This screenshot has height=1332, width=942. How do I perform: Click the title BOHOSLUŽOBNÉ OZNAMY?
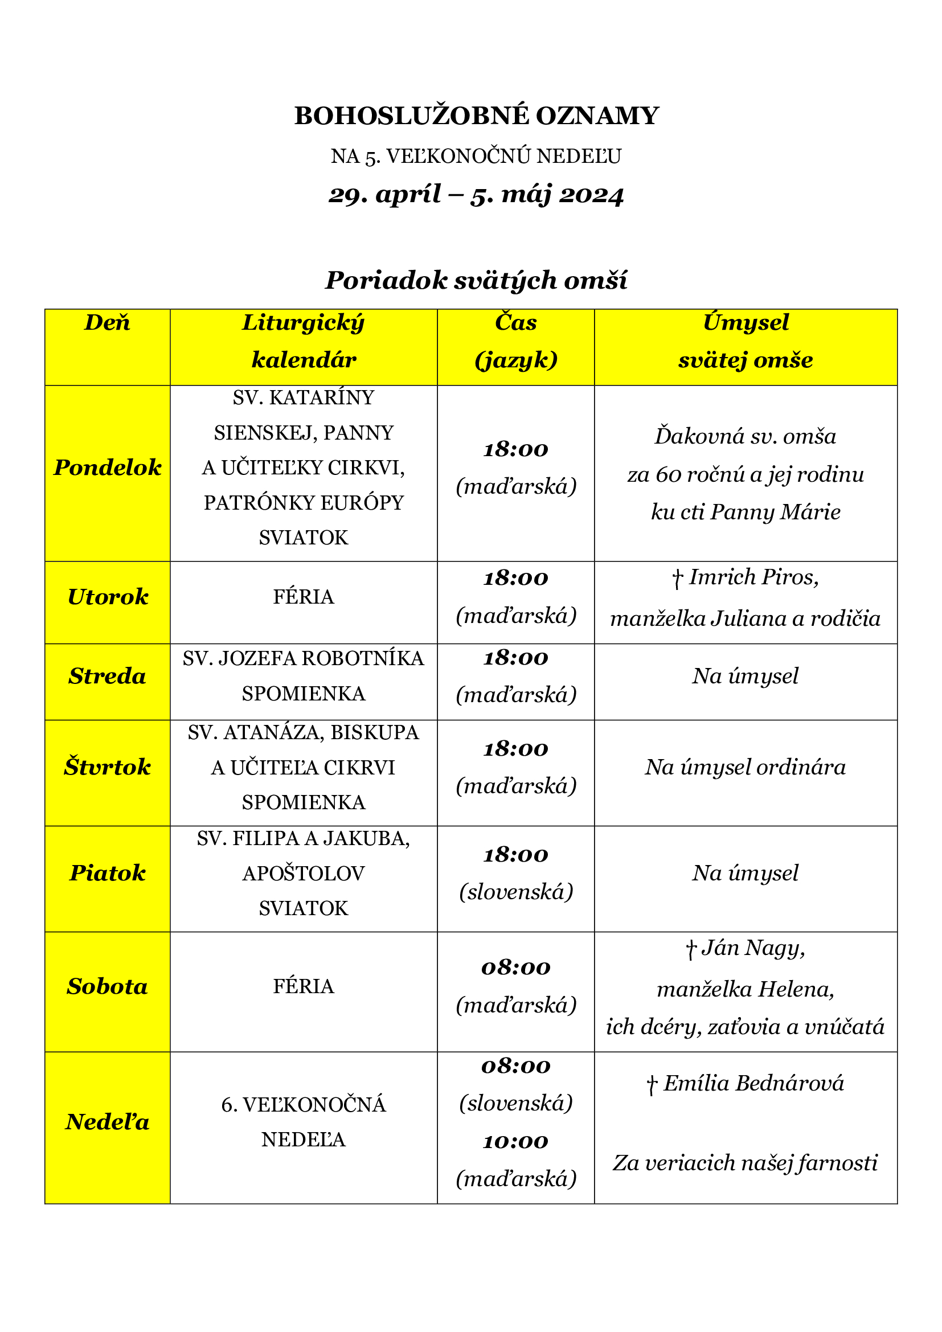click(476, 116)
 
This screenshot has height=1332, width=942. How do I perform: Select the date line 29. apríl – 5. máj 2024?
click(476, 195)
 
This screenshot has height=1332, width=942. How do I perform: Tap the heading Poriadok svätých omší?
click(476, 280)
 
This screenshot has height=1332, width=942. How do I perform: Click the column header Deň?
click(107, 322)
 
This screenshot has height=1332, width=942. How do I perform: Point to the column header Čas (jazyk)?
click(515, 341)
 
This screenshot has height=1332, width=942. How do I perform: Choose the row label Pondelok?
click(107, 468)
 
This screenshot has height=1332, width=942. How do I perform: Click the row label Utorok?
click(107, 597)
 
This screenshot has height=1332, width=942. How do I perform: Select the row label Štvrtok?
click(107, 768)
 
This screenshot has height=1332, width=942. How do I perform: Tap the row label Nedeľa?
click(107, 1122)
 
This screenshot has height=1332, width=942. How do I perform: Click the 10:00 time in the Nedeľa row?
click(515, 1142)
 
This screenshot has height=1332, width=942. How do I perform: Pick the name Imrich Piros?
click(753, 577)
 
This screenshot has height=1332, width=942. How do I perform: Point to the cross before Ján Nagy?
click(690, 950)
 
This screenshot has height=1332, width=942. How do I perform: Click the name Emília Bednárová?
click(753, 1083)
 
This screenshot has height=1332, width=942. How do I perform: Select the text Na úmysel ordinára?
click(746, 768)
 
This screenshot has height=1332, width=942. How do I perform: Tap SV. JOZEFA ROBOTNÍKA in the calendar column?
click(304, 658)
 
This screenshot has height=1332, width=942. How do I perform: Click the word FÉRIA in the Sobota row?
click(304, 986)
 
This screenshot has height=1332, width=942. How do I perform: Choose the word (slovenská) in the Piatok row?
click(515, 892)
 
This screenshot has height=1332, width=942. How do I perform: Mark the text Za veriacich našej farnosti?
click(746, 1163)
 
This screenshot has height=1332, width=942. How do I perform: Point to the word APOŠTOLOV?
click(304, 873)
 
